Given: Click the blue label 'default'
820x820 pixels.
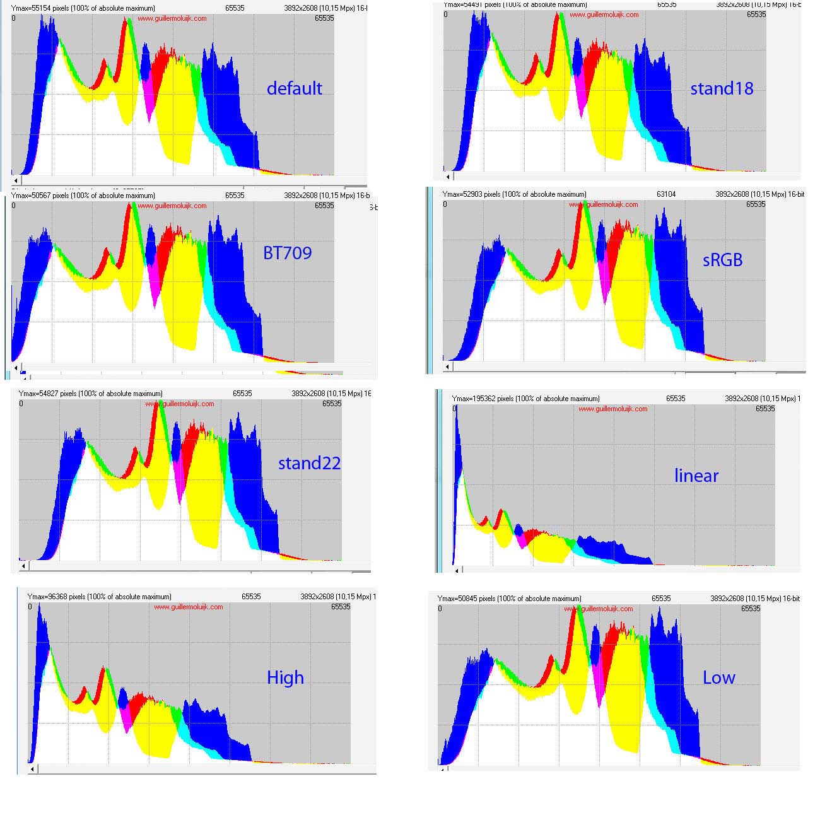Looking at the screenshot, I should [294, 88].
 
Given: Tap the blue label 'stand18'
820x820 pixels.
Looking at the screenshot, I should [722, 88].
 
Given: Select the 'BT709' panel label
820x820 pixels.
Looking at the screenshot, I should [287, 253].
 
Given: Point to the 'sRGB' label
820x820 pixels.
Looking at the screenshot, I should [722, 259].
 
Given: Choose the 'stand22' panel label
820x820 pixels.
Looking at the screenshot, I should [309, 463].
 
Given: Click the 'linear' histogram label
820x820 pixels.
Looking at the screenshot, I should [696, 476].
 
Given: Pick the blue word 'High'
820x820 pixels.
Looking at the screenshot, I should [285, 677].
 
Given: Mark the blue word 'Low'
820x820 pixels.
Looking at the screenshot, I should [718, 677].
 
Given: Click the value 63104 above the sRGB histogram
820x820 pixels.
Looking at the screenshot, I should [665, 194].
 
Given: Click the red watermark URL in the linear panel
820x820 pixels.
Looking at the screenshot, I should [612, 409].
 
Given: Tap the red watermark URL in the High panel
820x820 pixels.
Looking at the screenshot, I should [188, 607].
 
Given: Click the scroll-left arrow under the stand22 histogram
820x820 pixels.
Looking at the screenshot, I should [23, 566].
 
